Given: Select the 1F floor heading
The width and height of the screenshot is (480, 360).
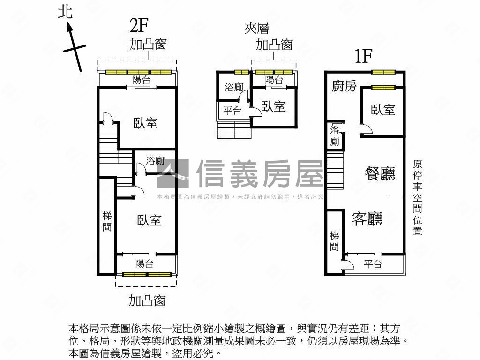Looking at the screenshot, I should point(363,56).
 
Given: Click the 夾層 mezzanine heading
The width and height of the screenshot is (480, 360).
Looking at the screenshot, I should point(257,29).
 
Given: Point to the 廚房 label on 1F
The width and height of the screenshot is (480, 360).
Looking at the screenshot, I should point(344,86).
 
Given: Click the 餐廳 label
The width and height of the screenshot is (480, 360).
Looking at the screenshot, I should point(380,173).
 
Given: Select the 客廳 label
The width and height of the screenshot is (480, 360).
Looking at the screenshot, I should point(367,218).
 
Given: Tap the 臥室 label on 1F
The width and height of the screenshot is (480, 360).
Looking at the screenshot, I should point(383,110).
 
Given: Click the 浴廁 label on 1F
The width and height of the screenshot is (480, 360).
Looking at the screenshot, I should point(335,135).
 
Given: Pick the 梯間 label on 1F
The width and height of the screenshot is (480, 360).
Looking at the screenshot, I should point(334,241).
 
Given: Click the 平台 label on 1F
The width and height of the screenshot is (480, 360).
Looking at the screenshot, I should point(373,264).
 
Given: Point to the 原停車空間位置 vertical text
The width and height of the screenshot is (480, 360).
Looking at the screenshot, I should point(417,197).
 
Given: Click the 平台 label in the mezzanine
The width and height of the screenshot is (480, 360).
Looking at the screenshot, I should point(232,111).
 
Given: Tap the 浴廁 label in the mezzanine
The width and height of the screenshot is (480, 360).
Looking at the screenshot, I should point(233,87).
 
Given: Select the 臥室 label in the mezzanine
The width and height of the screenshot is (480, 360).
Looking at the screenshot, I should point(273,107).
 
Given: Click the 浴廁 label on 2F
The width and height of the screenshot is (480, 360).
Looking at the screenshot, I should point(155,161).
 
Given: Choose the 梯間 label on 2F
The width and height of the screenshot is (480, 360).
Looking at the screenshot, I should point(107,222).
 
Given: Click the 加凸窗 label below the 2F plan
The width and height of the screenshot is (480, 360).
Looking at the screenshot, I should point(147,300).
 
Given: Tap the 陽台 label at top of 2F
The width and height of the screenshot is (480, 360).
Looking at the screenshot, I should point(142,80).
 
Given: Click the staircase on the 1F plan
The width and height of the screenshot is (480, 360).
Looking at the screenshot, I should point(336,173).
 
